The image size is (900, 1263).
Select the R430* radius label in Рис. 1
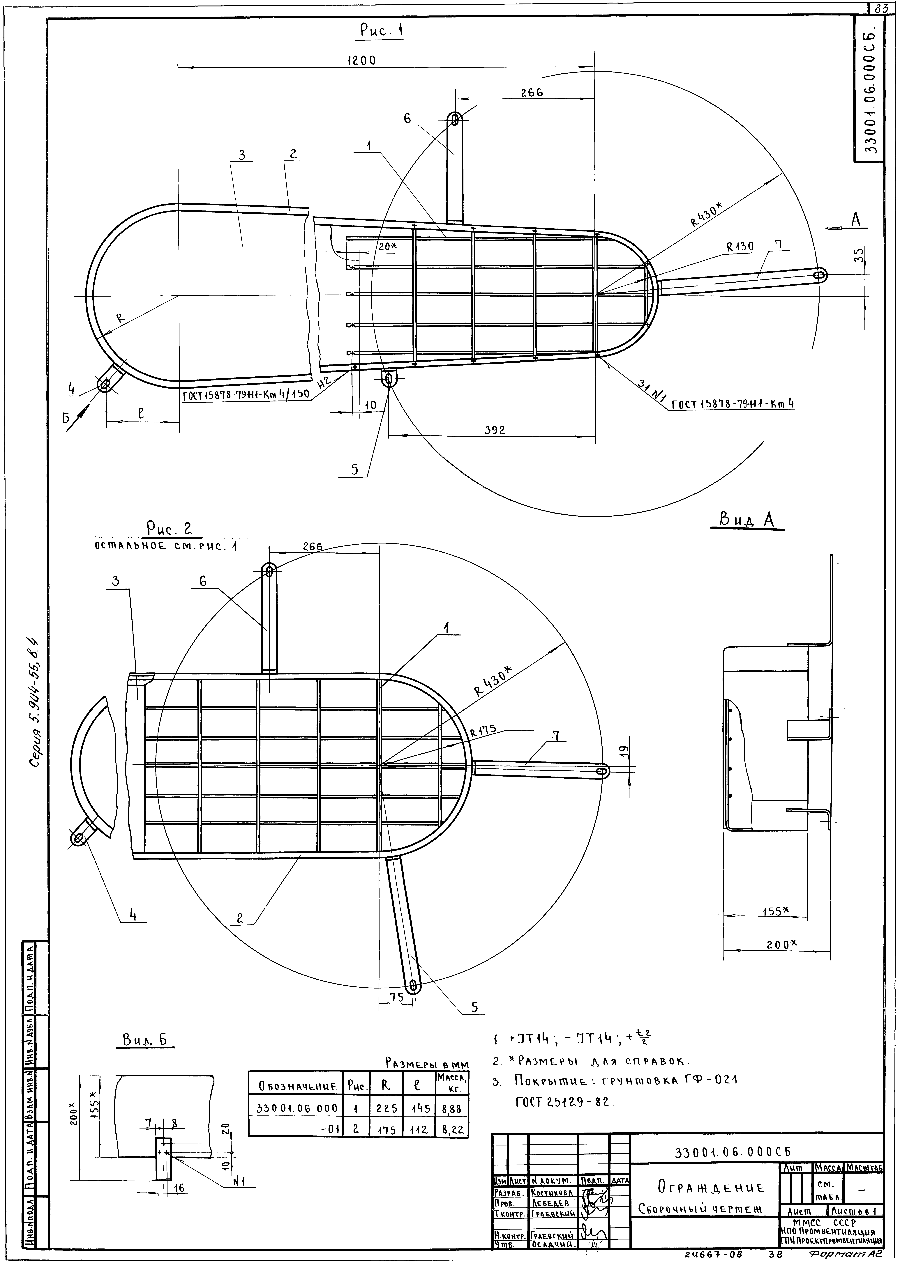click(x=707, y=214)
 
